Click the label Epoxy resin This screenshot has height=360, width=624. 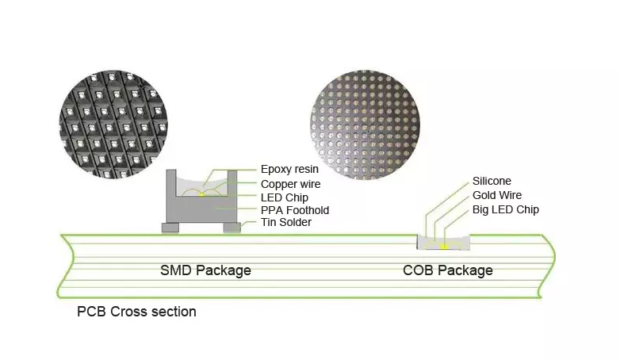click(288, 169)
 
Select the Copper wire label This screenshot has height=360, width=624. click(290, 183)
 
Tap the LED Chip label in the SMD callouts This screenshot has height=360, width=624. click(284, 197)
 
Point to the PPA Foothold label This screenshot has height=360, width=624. click(294, 210)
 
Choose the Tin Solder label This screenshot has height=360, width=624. click(285, 223)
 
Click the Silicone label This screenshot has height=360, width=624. click(492, 182)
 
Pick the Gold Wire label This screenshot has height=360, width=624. click(496, 195)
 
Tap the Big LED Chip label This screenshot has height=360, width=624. click(505, 209)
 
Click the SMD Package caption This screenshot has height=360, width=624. click(205, 270)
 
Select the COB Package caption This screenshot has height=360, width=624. click(447, 270)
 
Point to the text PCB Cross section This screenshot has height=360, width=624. click(136, 312)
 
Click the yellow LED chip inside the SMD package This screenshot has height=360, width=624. click(201, 193)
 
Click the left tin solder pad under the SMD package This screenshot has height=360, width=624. click(170, 228)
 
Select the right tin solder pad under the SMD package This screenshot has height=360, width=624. click(232, 228)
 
